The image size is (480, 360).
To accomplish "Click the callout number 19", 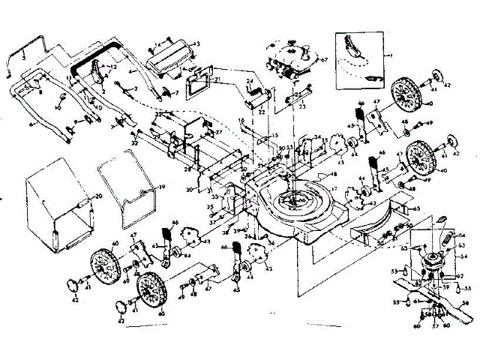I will [162, 185].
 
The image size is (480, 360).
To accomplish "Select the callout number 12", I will [113, 67].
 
